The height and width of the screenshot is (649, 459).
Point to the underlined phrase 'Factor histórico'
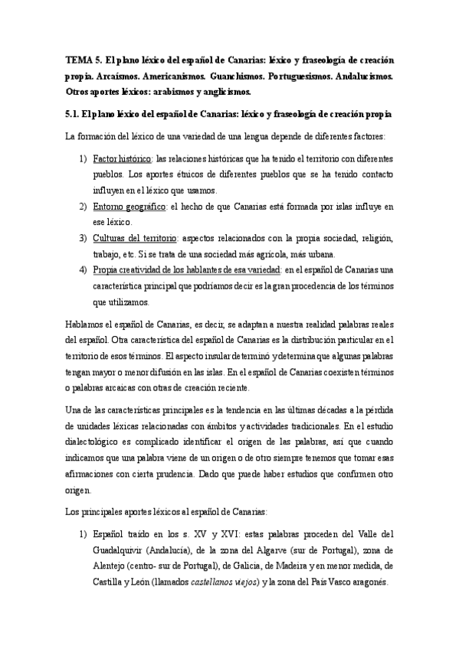(122, 158)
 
